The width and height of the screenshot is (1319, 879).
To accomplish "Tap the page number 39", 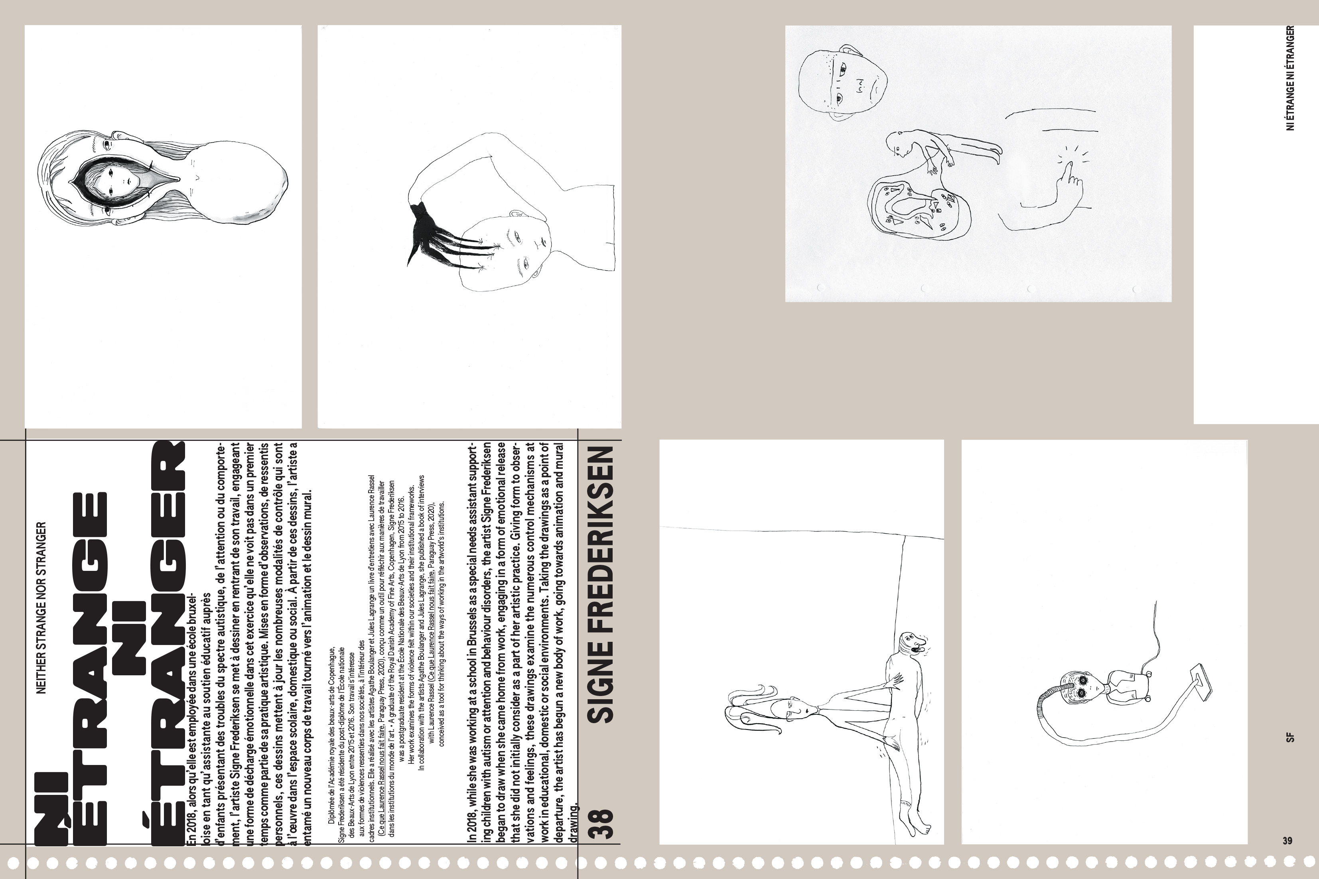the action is (1287, 841).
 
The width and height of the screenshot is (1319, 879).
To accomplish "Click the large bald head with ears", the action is (842, 84).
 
